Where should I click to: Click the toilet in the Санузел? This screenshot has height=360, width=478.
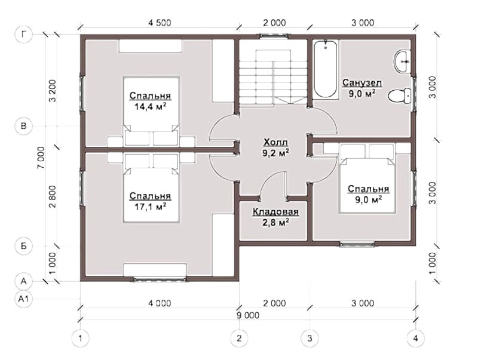click(x=400, y=97)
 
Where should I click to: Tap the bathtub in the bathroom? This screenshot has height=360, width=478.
click(x=326, y=69)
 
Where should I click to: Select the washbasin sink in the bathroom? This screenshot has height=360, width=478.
click(x=402, y=62)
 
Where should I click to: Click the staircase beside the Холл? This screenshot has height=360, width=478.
click(x=273, y=78)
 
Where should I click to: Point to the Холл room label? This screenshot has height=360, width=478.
click(x=275, y=142)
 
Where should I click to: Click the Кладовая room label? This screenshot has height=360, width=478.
click(x=275, y=212)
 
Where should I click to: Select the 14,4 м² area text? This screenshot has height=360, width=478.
click(x=150, y=106)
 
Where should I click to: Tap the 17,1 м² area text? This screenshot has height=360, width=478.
click(x=150, y=207)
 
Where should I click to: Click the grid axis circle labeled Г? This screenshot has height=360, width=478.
click(x=23, y=34)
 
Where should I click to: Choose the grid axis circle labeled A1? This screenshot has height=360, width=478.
click(x=23, y=299)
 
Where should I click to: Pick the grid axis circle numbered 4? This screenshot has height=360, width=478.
click(x=415, y=338)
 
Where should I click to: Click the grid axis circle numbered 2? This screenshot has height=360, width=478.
click(x=239, y=338)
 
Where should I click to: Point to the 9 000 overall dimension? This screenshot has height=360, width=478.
click(x=248, y=315)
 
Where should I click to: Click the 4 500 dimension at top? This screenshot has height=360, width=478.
click(x=160, y=23)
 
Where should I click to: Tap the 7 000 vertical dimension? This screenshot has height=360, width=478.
click(x=41, y=158)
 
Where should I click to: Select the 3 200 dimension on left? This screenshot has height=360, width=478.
click(x=53, y=91)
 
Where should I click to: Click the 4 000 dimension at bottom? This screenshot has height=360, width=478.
click(x=160, y=303)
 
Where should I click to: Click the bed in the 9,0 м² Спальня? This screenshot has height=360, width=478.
click(x=367, y=178)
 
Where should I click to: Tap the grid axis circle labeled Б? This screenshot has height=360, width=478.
click(x=23, y=246)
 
